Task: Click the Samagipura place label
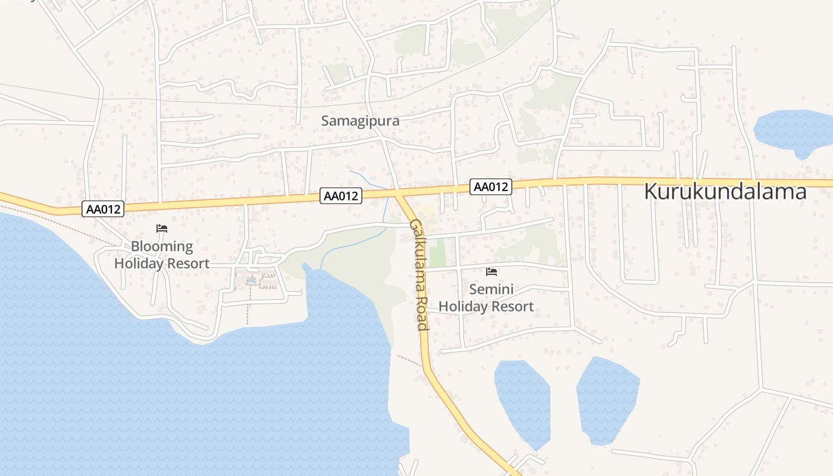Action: (360, 121)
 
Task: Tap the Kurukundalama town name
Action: (725, 192)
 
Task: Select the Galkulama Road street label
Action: (419, 274)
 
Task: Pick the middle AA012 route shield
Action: (341, 195)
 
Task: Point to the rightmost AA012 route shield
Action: (490, 187)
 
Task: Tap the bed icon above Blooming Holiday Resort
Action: (162, 228)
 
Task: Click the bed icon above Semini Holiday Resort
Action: (491, 272)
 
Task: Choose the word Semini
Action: (491, 290)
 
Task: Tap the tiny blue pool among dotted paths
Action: (251, 280)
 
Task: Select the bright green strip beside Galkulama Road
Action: (437, 253)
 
